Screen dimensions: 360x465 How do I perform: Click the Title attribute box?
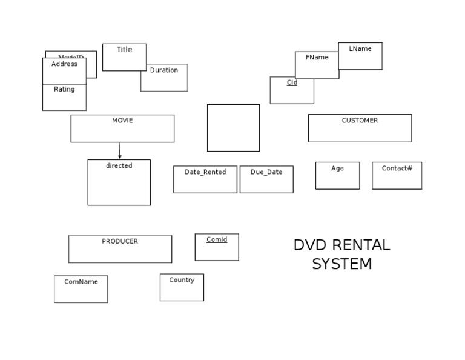(x=124, y=57)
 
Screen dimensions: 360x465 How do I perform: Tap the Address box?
(x=64, y=70)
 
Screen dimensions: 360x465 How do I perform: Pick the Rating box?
(x=64, y=98)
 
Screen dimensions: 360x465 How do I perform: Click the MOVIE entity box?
(x=122, y=128)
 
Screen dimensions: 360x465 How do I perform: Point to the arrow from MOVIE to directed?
(x=120, y=151)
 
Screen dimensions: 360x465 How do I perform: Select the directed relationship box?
(x=119, y=182)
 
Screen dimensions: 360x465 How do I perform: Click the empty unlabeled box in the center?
(x=233, y=127)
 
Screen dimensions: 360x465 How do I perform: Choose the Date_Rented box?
(x=205, y=179)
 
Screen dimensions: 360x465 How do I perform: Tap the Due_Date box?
(x=266, y=179)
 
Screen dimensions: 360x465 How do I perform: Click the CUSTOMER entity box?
(x=360, y=128)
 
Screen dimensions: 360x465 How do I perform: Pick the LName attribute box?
(x=360, y=56)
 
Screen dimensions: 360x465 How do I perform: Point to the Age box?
(x=337, y=175)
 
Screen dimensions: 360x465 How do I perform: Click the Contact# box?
(x=397, y=175)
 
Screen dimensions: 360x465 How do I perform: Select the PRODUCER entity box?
(x=120, y=249)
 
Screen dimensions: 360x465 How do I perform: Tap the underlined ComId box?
(x=217, y=247)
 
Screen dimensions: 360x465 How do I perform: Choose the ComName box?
(x=81, y=289)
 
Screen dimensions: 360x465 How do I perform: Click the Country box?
(x=182, y=287)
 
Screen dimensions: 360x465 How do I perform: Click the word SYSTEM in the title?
(x=341, y=264)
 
